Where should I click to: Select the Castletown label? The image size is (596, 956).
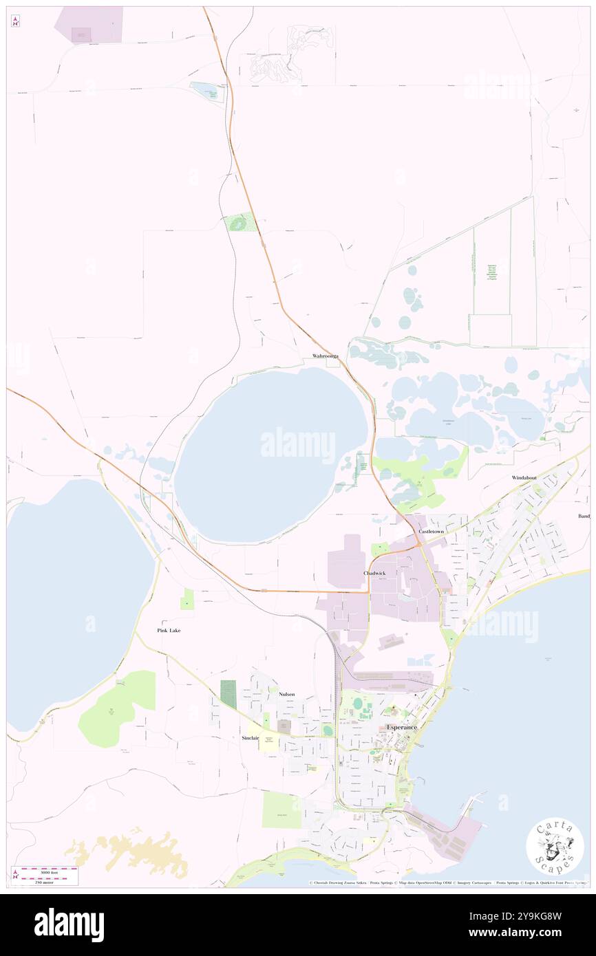click(x=431, y=532)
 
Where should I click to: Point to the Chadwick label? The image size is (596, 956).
click(x=374, y=573)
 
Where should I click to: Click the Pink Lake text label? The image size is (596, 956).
click(x=169, y=630)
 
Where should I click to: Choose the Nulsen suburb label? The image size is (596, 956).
click(x=287, y=694)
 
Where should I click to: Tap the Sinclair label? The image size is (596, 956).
click(x=250, y=737)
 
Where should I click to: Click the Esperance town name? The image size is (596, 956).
click(x=402, y=727)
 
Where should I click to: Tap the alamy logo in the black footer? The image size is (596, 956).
click(x=69, y=924)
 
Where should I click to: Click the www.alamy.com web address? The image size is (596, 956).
click(x=523, y=933)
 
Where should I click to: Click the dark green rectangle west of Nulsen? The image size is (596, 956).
click(x=228, y=694)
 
